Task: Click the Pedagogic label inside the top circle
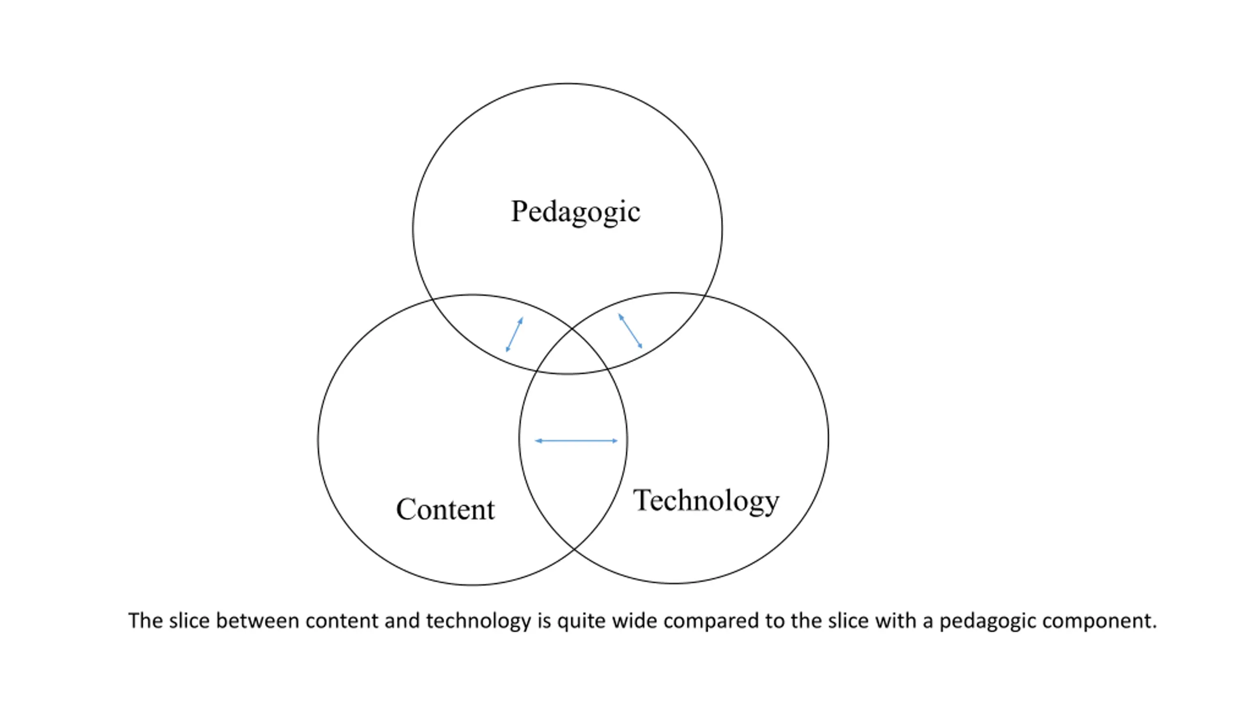coord(575,212)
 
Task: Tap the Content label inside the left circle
coord(445,509)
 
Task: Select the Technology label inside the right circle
coord(706,501)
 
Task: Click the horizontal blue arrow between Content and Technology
coord(576,441)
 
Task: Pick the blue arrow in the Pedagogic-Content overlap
coord(514,334)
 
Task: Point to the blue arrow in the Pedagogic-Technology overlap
coord(630,331)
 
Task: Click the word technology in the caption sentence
coord(478,621)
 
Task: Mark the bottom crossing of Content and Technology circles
coord(574,549)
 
